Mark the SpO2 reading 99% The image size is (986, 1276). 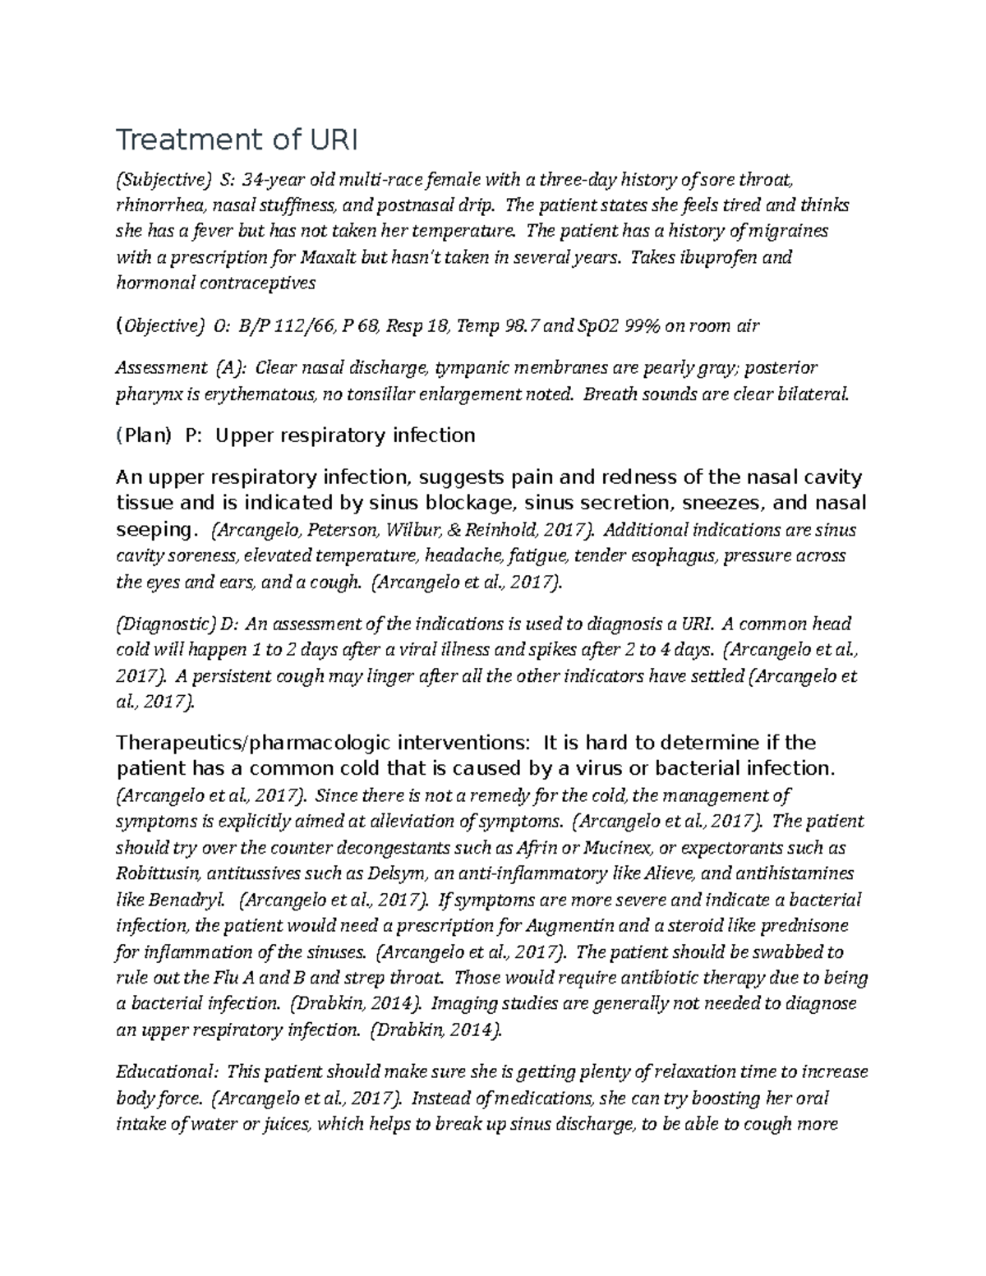[643, 326]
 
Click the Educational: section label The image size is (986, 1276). [168, 1072]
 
